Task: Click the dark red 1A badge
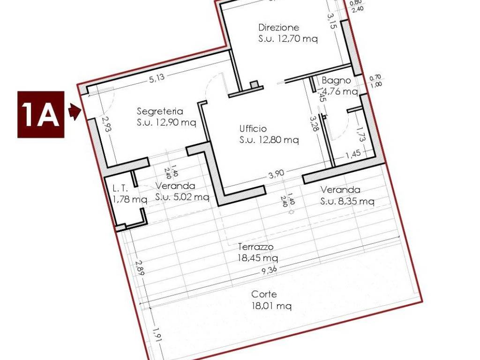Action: point(41,114)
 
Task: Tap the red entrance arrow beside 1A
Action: point(75,112)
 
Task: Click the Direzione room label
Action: point(278,28)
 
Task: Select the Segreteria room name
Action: point(160,111)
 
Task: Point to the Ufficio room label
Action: point(253,128)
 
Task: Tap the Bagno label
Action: point(336,81)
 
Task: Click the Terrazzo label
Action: point(256,247)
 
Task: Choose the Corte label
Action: point(264,294)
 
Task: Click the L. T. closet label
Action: point(120,188)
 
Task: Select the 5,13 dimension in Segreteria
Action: point(157,78)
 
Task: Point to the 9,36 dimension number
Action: point(269,270)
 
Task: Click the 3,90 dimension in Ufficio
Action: point(276,174)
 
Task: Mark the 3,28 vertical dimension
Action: point(314,124)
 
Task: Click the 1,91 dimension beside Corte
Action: point(157,335)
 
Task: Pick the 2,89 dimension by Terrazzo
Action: point(140,268)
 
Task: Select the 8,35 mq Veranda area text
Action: point(347,202)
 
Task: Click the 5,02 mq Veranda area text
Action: point(182,197)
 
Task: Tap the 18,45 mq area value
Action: point(258,258)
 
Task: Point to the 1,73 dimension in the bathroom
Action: point(360,134)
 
